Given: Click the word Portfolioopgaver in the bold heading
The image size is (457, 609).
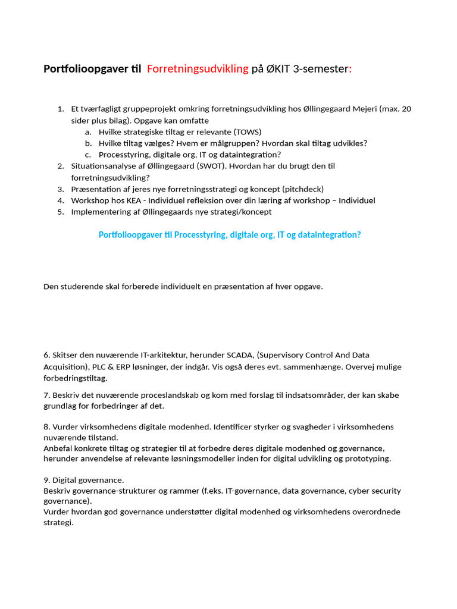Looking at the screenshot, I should [85, 69].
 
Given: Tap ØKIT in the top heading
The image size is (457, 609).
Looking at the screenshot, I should [278, 69].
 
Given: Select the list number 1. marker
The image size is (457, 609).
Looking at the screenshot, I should [60, 109].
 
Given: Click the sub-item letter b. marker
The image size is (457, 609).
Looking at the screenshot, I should [88, 143].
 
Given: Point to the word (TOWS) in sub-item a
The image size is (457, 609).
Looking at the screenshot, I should [247, 132].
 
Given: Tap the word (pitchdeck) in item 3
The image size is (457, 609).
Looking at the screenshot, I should [303, 189].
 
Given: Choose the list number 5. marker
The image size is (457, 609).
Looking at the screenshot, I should [60, 212].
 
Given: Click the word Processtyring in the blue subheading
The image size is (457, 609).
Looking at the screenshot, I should [198, 235].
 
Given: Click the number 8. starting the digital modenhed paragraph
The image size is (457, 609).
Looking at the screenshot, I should [46, 427].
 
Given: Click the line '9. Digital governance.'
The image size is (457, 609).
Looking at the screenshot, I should [83, 480].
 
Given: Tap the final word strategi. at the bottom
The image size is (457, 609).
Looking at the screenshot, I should [58, 523].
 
